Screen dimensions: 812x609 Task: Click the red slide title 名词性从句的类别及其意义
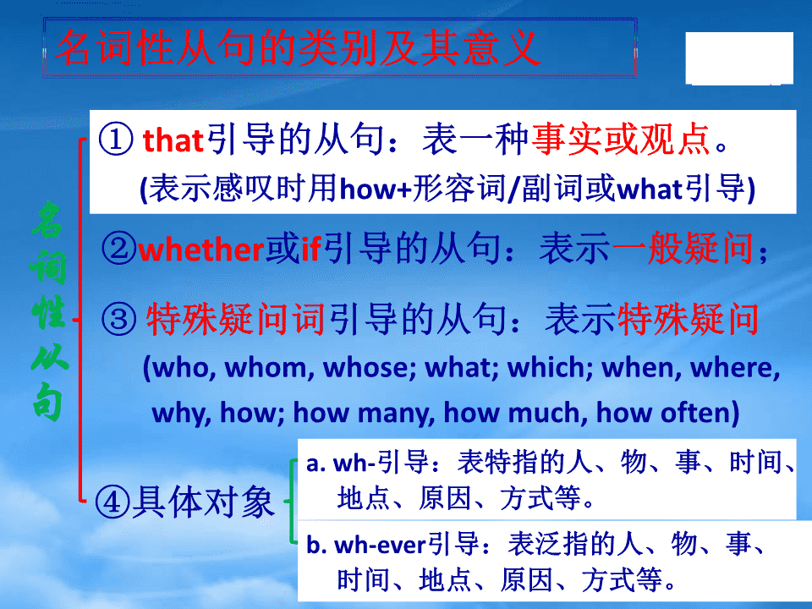click(x=297, y=47)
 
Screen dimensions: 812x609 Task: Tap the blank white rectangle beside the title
click(x=739, y=58)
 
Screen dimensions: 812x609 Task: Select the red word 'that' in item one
click(x=173, y=140)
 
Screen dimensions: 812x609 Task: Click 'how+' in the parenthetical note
click(x=376, y=189)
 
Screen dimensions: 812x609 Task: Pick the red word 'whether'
click(x=201, y=249)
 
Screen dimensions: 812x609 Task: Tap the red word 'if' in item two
click(x=311, y=248)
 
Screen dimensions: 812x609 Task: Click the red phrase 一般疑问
click(x=683, y=248)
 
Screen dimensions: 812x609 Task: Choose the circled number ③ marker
click(x=118, y=319)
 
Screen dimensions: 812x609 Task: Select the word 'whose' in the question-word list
click(x=366, y=367)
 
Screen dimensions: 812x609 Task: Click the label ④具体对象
click(x=184, y=502)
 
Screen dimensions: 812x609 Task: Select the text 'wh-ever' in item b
click(x=380, y=546)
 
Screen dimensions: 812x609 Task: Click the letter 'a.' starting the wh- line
click(x=315, y=464)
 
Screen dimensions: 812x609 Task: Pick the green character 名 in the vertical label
click(x=47, y=221)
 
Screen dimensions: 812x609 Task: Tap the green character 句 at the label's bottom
click(x=47, y=402)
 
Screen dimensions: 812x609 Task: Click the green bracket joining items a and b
click(x=294, y=502)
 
